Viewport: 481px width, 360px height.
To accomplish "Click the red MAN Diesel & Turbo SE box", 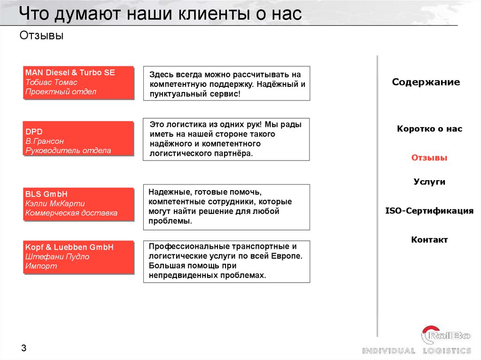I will pos(78,83).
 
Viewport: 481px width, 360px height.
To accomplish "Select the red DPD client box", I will pos(78,138).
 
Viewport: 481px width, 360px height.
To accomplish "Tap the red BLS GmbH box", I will pos(78,204).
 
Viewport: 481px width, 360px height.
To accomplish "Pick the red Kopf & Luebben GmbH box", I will pos(78,257).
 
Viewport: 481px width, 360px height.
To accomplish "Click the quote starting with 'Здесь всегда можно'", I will pos(226,84).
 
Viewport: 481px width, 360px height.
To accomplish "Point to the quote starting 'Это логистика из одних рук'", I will pos(226,139).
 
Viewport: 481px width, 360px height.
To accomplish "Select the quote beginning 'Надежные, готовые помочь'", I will pos(226,207).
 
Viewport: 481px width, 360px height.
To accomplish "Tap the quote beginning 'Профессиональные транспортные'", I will pos(226,261).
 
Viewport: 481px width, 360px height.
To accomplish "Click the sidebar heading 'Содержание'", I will pos(426,83).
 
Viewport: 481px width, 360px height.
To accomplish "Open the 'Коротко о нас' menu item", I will pos(429,129).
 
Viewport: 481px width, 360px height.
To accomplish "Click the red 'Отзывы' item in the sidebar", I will pos(429,158).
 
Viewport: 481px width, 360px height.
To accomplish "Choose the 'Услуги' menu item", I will pos(429,182).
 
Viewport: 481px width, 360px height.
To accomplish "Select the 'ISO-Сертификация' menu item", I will pos(429,211).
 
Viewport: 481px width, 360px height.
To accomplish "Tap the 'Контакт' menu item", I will pos(429,240).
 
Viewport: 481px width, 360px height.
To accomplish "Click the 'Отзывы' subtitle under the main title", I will pos(42,36).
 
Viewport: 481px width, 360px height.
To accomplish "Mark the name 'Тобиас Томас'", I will pos(51,82).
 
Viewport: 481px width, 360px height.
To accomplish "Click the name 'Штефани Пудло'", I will pos(57,257).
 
